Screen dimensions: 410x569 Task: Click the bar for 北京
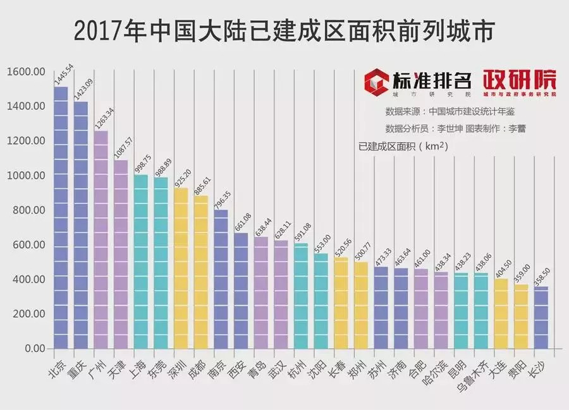(x=61, y=218)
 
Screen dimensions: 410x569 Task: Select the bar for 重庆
(x=81, y=225)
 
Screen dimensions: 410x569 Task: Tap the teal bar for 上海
(x=140, y=262)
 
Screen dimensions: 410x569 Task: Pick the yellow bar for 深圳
(x=181, y=268)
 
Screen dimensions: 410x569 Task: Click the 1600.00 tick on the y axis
(x=26, y=71)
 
